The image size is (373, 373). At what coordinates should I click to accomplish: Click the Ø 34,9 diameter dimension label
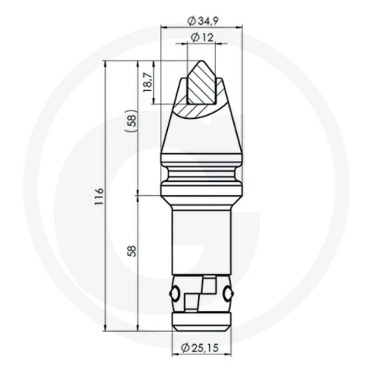coord(203,21)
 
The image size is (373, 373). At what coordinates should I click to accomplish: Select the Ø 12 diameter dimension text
coord(203,38)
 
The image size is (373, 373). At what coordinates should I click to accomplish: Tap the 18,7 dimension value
coord(147,82)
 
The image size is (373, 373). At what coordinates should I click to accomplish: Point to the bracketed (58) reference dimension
coord(132,120)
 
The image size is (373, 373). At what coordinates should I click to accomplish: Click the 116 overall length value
coord(99,197)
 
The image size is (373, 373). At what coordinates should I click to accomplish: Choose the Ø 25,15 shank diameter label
coord(200,348)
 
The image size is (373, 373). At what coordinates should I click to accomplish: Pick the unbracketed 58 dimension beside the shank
coord(132,251)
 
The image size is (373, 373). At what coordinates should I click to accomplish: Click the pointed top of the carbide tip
coord(201,61)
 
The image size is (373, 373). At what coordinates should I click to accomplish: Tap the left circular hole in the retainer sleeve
coord(174,293)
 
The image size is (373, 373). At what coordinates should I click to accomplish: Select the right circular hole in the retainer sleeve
coord(228,293)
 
